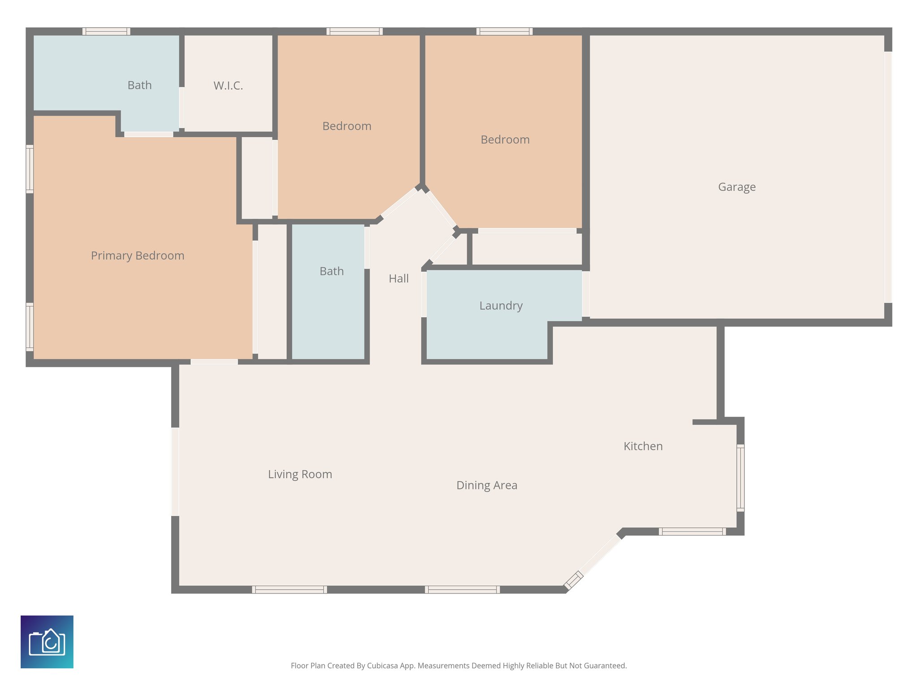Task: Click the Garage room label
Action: point(736,187)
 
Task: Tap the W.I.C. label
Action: point(228,86)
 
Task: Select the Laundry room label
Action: point(501,306)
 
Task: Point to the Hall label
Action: point(398,279)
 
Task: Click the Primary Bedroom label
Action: point(138,256)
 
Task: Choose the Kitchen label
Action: point(643,446)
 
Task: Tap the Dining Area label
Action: point(487,485)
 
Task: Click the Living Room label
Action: point(300,474)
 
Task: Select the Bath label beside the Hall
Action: point(332,271)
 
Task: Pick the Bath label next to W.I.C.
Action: point(139,85)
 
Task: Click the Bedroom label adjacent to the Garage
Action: point(505,140)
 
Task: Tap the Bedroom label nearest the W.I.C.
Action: point(346,126)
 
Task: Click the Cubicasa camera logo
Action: point(47,641)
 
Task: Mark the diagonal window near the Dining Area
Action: point(573,580)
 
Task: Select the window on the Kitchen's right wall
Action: point(740,478)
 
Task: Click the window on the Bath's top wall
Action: point(106,31)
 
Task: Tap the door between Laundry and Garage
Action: point(585,294)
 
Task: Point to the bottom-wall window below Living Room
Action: point(290,589)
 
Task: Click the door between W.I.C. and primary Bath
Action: point(182,108)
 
